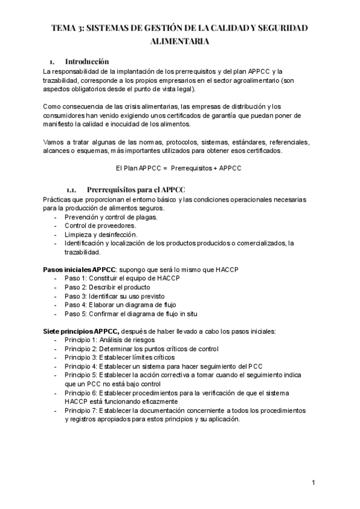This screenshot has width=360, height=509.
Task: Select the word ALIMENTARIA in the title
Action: coord(179,43)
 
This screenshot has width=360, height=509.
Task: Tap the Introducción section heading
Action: coord(86,61)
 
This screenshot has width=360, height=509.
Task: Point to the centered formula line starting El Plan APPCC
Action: coord(179,168)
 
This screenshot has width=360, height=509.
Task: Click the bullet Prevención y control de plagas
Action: coord(111,217)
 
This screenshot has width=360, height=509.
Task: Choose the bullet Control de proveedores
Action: coord(100,226)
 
